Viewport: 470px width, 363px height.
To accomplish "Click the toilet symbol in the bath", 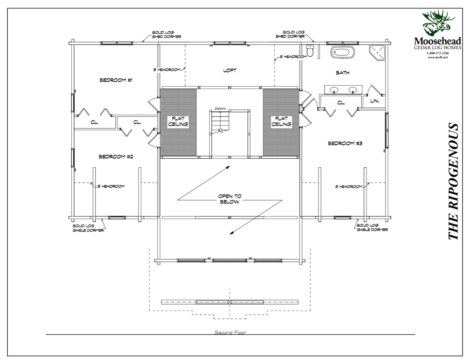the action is tap(310, 51).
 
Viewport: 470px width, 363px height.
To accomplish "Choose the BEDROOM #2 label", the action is tap(116, 156).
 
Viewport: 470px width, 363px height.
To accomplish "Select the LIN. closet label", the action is tap(375, 101).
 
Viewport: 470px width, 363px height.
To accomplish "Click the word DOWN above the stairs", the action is tap(220, 108).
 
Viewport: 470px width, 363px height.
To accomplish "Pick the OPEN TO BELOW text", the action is tap(230, 200).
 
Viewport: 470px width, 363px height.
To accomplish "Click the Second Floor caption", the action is tap(230, 333).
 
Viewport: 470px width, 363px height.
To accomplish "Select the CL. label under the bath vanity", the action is tap(341, 102).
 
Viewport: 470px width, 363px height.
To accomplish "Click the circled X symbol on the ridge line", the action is tap(230, 302).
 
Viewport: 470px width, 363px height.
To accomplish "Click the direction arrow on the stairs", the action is tap(221, 131).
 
